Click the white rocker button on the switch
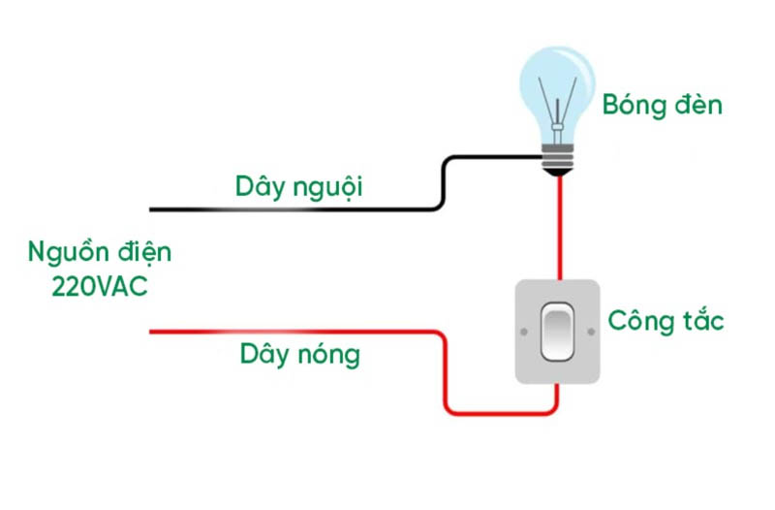556,332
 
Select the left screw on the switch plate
524,332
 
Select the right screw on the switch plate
589,332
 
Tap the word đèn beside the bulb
697,105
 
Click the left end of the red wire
153,333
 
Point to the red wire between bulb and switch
559,228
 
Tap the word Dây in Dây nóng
263,356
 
